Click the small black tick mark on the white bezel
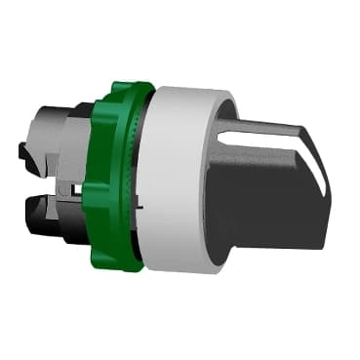click(x=141, y=207)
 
